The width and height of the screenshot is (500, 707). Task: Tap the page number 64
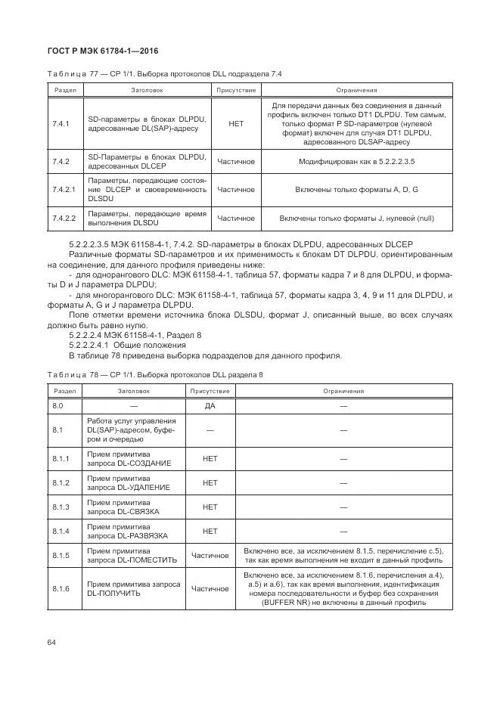[x=51, y=642]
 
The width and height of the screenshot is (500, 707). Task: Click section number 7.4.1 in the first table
[x=61, y=124]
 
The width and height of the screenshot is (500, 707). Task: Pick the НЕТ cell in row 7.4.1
[x=235, y=124]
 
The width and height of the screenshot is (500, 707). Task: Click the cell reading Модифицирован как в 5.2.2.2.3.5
[x=356, y=162]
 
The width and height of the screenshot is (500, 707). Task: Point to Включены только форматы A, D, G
[x=356, y=189]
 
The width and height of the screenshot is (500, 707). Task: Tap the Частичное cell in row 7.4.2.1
[x=235, y=189]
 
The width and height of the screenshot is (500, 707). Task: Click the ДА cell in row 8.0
[x=210, y=406]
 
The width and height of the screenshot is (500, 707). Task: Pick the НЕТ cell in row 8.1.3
[x=210, y=507]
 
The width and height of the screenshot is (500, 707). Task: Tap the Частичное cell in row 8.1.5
[x=210, y=556]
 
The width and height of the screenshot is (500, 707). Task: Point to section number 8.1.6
[x=61, y=588]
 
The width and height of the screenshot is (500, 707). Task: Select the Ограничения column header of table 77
[x=356, y=90]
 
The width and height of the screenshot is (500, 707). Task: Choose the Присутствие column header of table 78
[x=210, y=391]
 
